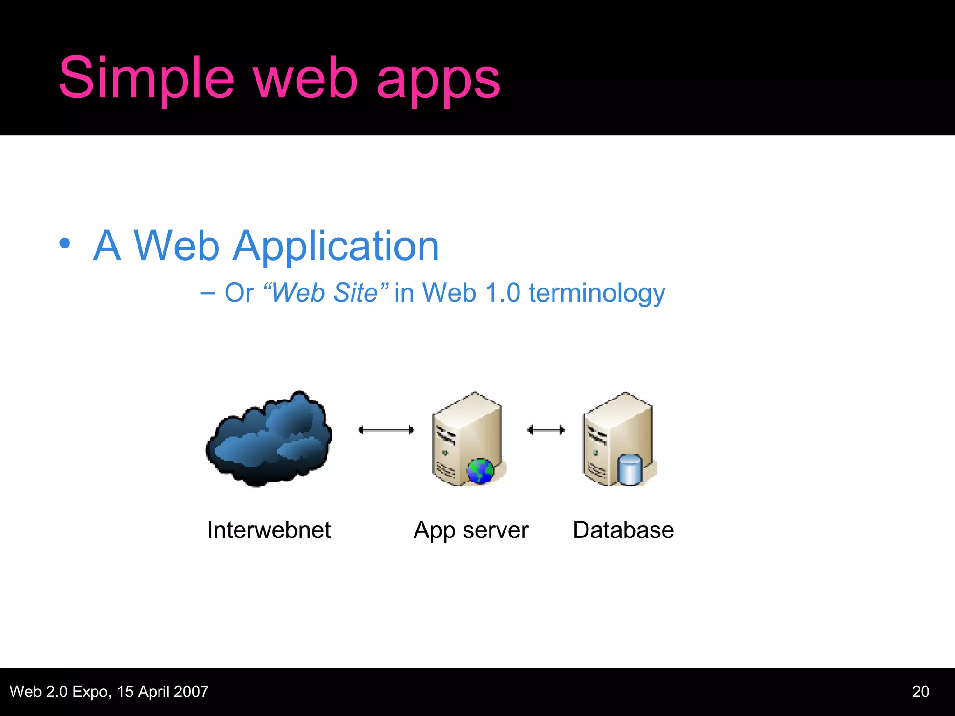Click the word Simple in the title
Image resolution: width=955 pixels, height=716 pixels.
click(146, 78)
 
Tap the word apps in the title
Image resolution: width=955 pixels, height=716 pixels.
click(438, 80)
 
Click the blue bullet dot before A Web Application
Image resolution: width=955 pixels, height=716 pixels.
click(65, 243)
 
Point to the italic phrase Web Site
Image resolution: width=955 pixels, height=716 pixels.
click(325, 293)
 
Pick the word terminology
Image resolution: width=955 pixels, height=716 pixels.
click(596, 294)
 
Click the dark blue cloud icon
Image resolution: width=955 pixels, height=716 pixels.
click(269, 439)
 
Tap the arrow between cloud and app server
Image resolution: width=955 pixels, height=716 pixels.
click(386, 430)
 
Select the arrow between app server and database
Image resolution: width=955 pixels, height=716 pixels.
click(546, 430)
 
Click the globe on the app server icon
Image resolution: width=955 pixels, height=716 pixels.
click(480, 471)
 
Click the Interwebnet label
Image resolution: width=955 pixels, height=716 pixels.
click(269, 530)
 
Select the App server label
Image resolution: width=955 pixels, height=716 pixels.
click(471, 530)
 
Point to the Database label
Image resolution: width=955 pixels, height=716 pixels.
click(623, 530)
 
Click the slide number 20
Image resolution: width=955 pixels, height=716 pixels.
click(920, 691)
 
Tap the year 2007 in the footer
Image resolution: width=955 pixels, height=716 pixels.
click(191, 691)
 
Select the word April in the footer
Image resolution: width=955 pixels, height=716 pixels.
click(153, 692)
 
